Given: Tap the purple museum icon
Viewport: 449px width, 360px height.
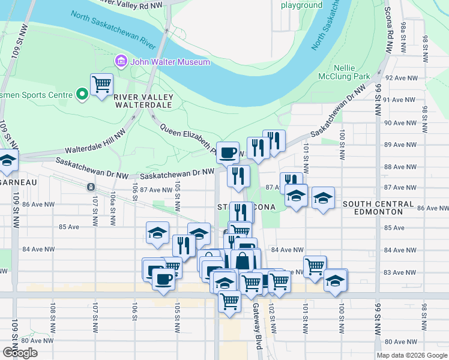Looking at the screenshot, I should (121, 62).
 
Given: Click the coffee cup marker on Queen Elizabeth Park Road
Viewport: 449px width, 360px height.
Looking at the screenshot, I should (228, 152).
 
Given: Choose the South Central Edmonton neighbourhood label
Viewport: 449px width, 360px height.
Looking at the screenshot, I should (378, 208).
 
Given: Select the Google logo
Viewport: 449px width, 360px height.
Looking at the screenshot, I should (20, 353).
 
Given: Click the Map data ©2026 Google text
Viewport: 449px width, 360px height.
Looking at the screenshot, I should (411, 355).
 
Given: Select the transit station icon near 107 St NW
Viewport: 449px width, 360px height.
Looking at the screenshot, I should (91, 187).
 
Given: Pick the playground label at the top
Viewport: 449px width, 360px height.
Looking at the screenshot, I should (302, 5).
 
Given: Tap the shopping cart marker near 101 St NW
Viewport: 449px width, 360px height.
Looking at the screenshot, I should (315, 266).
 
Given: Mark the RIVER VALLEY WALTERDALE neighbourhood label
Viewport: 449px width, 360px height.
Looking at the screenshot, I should (143, 100).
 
